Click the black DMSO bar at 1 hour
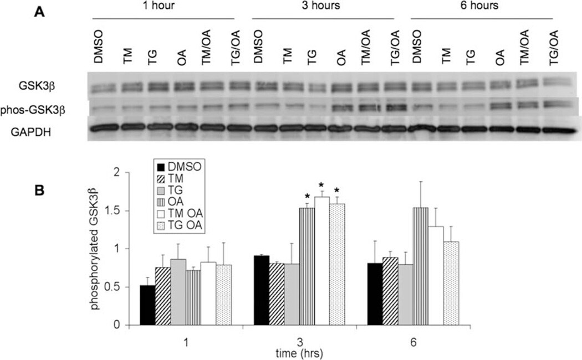[x=147, y=305]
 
